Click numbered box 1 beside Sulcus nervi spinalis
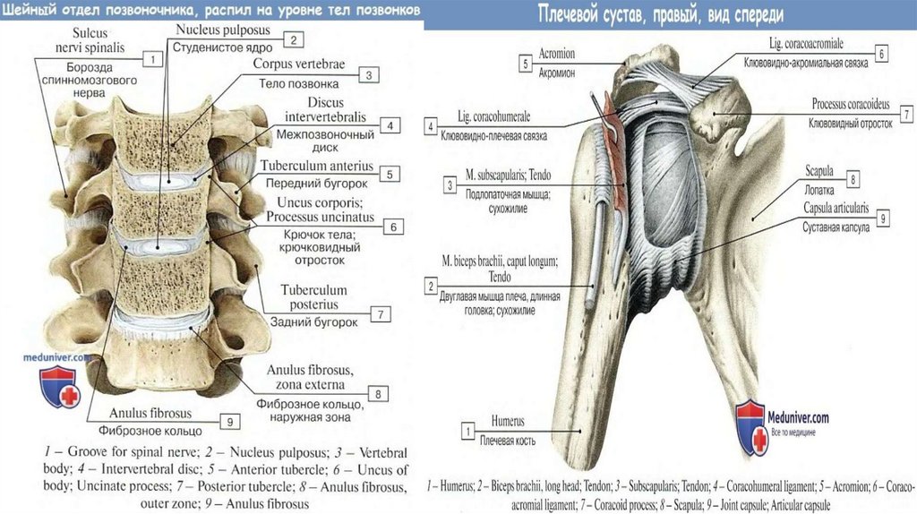152,60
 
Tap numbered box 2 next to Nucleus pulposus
292,39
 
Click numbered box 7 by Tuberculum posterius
381,314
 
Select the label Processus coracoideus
852,105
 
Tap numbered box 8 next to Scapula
853,180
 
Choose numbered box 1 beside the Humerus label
467,432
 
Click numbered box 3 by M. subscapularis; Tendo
450,185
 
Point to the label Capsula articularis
836,207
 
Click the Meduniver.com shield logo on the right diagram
749,426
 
